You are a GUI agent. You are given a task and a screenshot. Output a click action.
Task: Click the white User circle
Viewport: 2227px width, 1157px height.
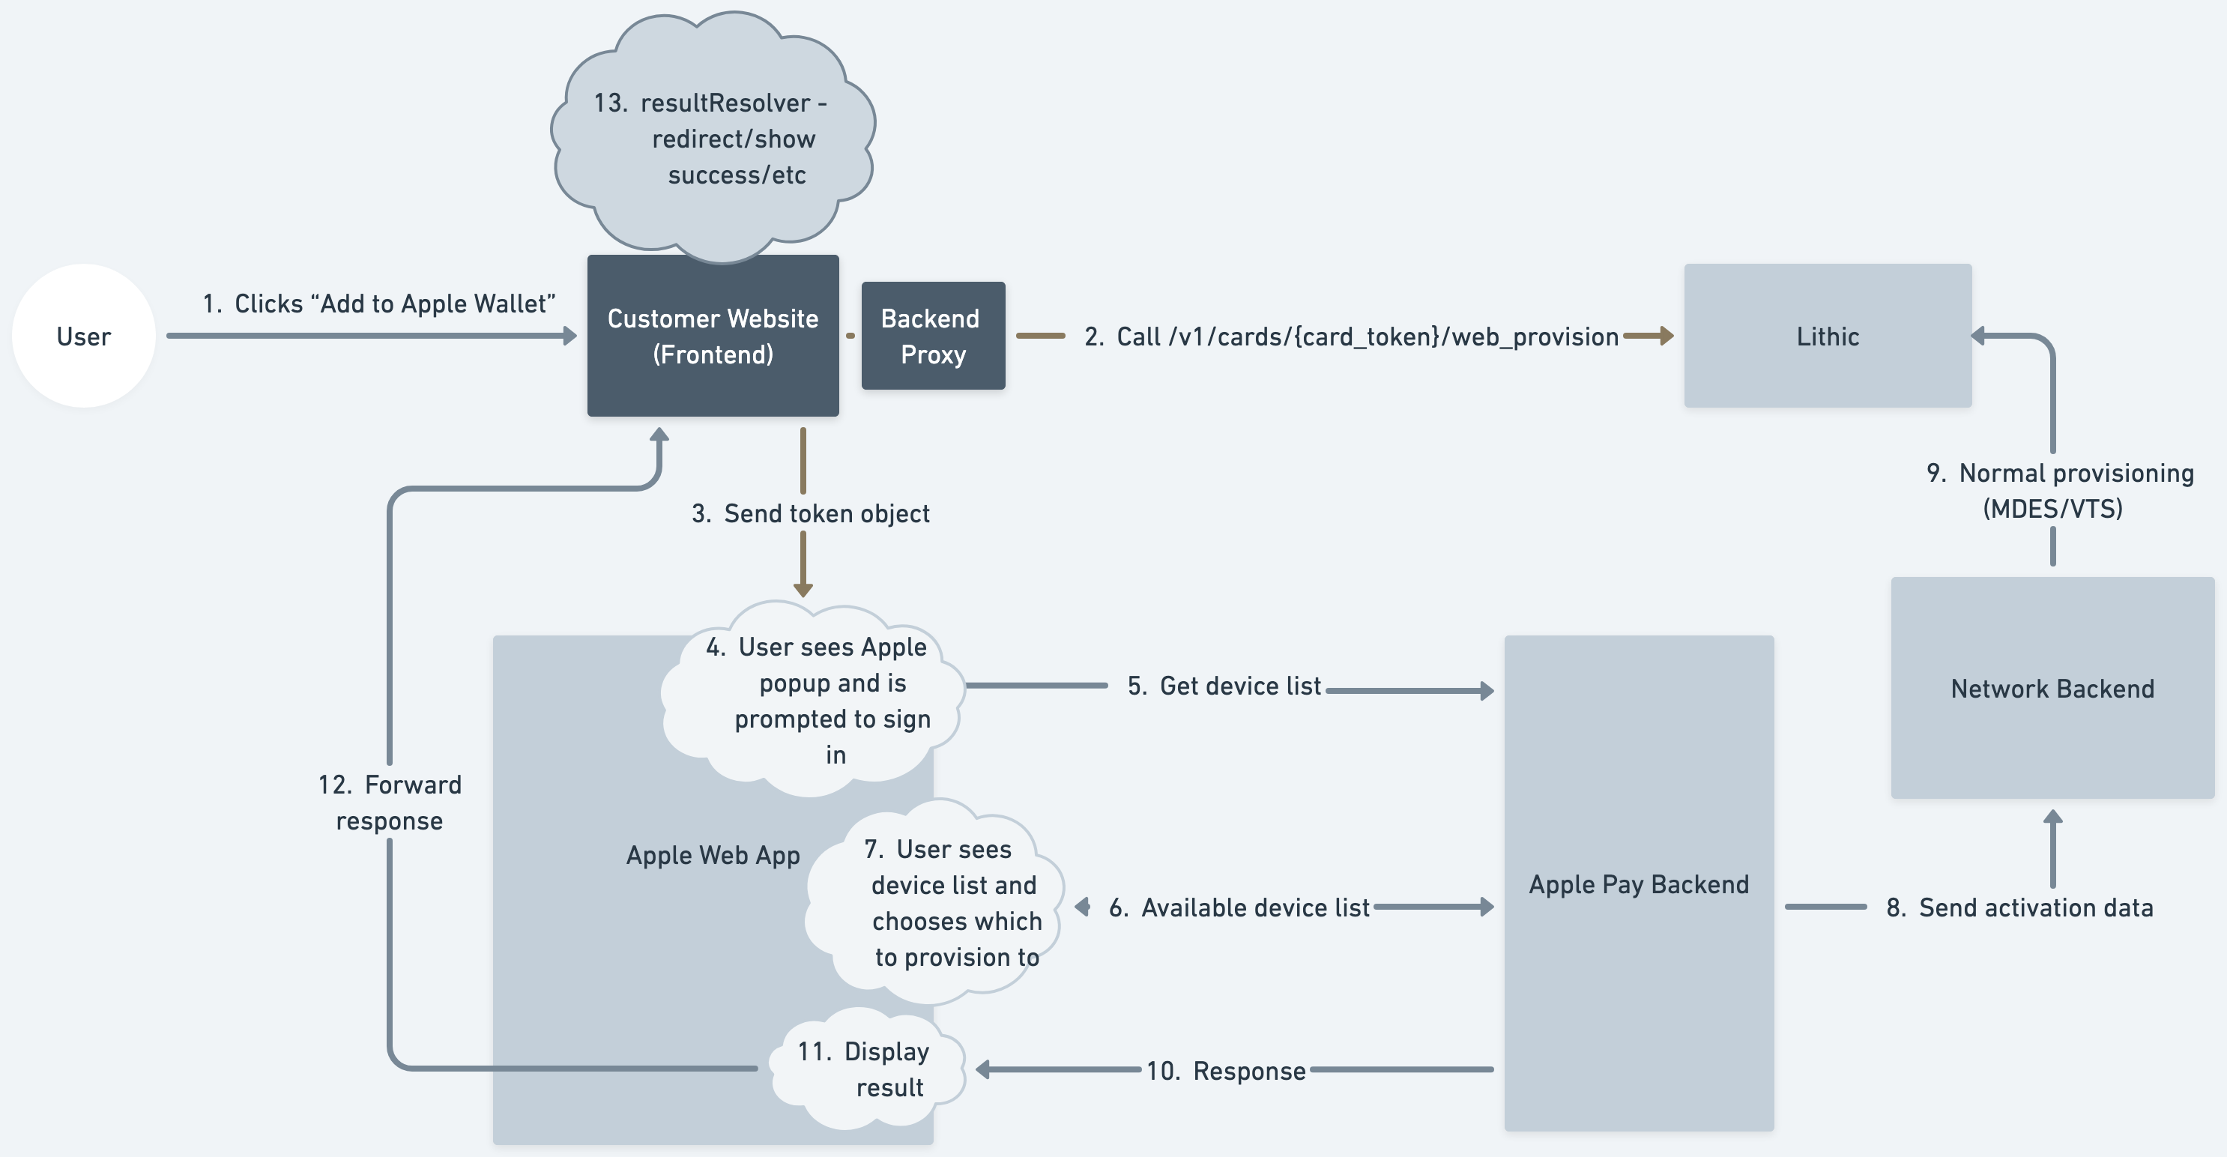[84, 336]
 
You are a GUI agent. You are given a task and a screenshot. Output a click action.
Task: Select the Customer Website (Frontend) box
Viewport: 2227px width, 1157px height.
[713, 336]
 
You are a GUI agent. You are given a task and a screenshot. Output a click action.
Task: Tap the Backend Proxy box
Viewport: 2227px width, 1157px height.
[933, 336]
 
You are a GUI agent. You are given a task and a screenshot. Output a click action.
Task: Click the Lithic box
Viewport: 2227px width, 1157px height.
[1827, 336]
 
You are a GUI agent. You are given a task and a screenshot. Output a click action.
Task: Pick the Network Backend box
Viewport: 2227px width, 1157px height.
[2052, 689]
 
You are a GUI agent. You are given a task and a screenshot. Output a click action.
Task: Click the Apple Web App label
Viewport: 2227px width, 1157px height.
[713, 855]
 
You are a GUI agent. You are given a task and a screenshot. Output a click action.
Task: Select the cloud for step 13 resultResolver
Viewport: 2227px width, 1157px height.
[713, 139]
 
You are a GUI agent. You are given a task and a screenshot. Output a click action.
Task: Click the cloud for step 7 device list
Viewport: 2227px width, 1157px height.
[943, 903]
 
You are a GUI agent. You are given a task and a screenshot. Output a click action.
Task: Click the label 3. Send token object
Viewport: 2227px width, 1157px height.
[810, 513]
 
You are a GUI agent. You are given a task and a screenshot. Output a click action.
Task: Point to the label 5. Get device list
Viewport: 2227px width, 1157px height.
[1224, 686]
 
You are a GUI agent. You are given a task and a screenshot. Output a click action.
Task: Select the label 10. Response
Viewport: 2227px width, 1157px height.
[1225, 1071]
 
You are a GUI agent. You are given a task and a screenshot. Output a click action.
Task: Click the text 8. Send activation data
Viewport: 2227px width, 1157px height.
[2019, 907]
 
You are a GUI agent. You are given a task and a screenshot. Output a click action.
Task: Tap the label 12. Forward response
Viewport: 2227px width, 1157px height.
[389, 803]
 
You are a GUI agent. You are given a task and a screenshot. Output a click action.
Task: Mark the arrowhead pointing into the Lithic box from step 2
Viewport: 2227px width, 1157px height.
[1666, 336]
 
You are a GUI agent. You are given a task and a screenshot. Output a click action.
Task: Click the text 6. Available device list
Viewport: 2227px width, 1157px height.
[1238, 907]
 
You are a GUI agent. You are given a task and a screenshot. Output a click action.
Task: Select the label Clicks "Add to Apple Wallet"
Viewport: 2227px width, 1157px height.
[378, 303]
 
